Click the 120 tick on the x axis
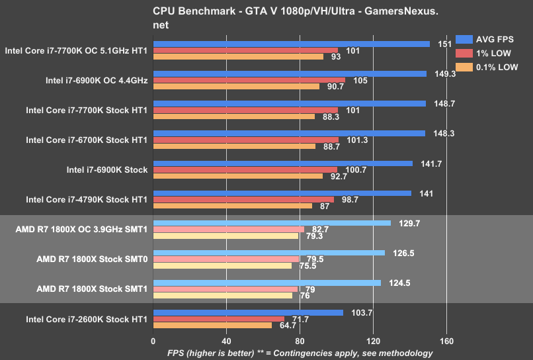pyautogui.click(x=373, y=341)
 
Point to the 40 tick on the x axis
pyautogui.click(x=226, y=341)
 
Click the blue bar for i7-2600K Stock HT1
pyautogui.click(x=248, y=312)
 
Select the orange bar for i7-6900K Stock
pyautogui.click(x=238, y=176)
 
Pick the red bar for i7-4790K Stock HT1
pyautogui.click(x=243, y=199)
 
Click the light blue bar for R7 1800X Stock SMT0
pyautogui.click(x=268, y=252)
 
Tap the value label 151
pyautogui.click(x=445, y=44)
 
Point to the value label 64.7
pyautogui.click(x=288, y=326)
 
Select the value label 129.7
pyautogui.click(x=409, y=223)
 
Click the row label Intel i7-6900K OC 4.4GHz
pyautogui.click(x=97, y=81)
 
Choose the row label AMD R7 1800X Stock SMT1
pyautogui.click(x=92, y=289)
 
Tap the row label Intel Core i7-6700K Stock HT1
pyautogui.click(x=86, y=140)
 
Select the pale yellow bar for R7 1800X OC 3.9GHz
pyautogui.click(x=225, y=236)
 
